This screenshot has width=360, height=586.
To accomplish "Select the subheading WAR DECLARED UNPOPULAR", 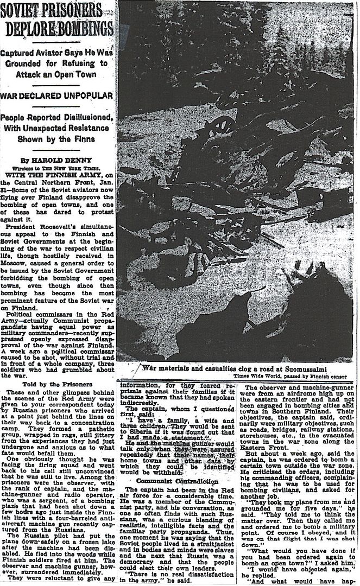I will [x=56, y=96].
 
